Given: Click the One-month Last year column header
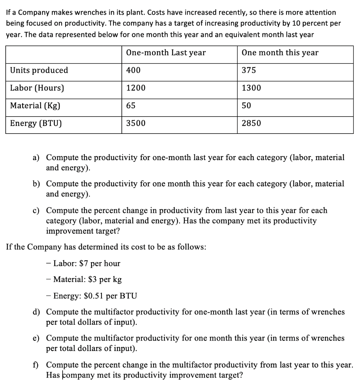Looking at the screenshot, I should point(166,53).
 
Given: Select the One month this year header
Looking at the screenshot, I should point(280,53).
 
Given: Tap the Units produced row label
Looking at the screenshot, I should point(39,70).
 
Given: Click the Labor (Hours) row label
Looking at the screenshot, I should point(37,88).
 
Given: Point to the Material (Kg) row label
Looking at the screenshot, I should point(35,106).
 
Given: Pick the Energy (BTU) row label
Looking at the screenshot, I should point(36,123).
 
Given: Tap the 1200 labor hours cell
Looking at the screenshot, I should point(136,88).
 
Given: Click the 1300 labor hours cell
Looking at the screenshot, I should point(251,88).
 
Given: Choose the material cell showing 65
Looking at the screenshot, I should point(131,106).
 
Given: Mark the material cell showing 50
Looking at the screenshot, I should point(246,106).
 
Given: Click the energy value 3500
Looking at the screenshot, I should point(136,123).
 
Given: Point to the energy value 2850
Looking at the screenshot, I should point(251,123).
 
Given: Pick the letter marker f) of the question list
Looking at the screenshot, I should point(37,365).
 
